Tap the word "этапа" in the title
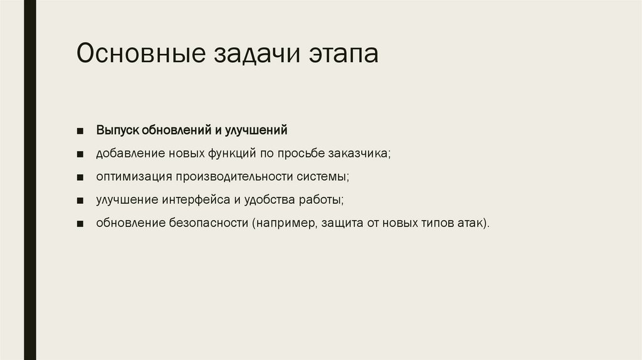[x=343, y=55]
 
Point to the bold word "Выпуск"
[x=117, y=130]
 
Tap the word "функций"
[x=228, y=154]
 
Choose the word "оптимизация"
[x=134, y=177]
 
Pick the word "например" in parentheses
[x=283, y=224]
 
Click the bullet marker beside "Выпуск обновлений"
[x=81, y=131]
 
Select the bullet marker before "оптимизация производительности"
[x=81, y=177]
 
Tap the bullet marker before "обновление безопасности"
[x=81, y=224]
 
